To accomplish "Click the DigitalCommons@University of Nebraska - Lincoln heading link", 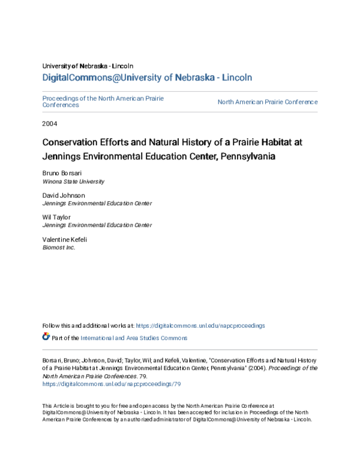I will pyautogui.click(x=147, y=77).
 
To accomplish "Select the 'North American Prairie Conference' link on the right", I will pyautogui.click(x=267, y=102).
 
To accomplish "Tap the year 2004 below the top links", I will pyautogui.click(x=49, y=124).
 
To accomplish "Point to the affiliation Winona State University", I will pyautogui.click(x=73, y=181).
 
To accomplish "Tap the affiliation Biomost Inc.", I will pyautogui.click(x=59, y=247).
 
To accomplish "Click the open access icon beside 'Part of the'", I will pyautogui.click(x=46, y=337).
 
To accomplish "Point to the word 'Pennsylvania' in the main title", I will pyautogui.click(x=251, y=156).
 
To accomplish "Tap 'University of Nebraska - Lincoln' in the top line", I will pyautogui.click(x=88, y=65).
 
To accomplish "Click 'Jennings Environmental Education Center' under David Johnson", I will pyautogui.click(x=97, y=203).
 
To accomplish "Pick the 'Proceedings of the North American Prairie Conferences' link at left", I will pyautogui.click(x=103, y=101).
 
